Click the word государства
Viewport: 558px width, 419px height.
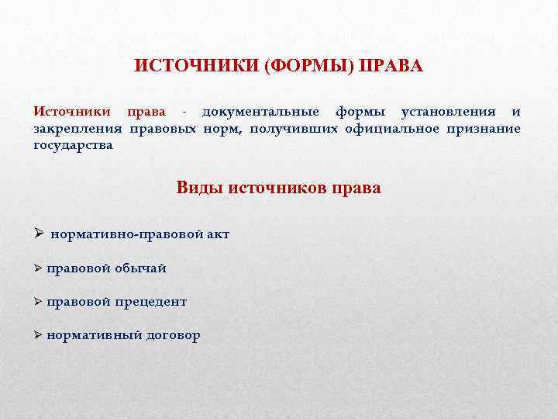coord(73,145)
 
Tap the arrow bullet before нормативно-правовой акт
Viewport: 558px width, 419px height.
coord(38,234)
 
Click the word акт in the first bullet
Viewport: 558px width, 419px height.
coord(218,234)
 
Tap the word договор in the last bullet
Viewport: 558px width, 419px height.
coord(173,335)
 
